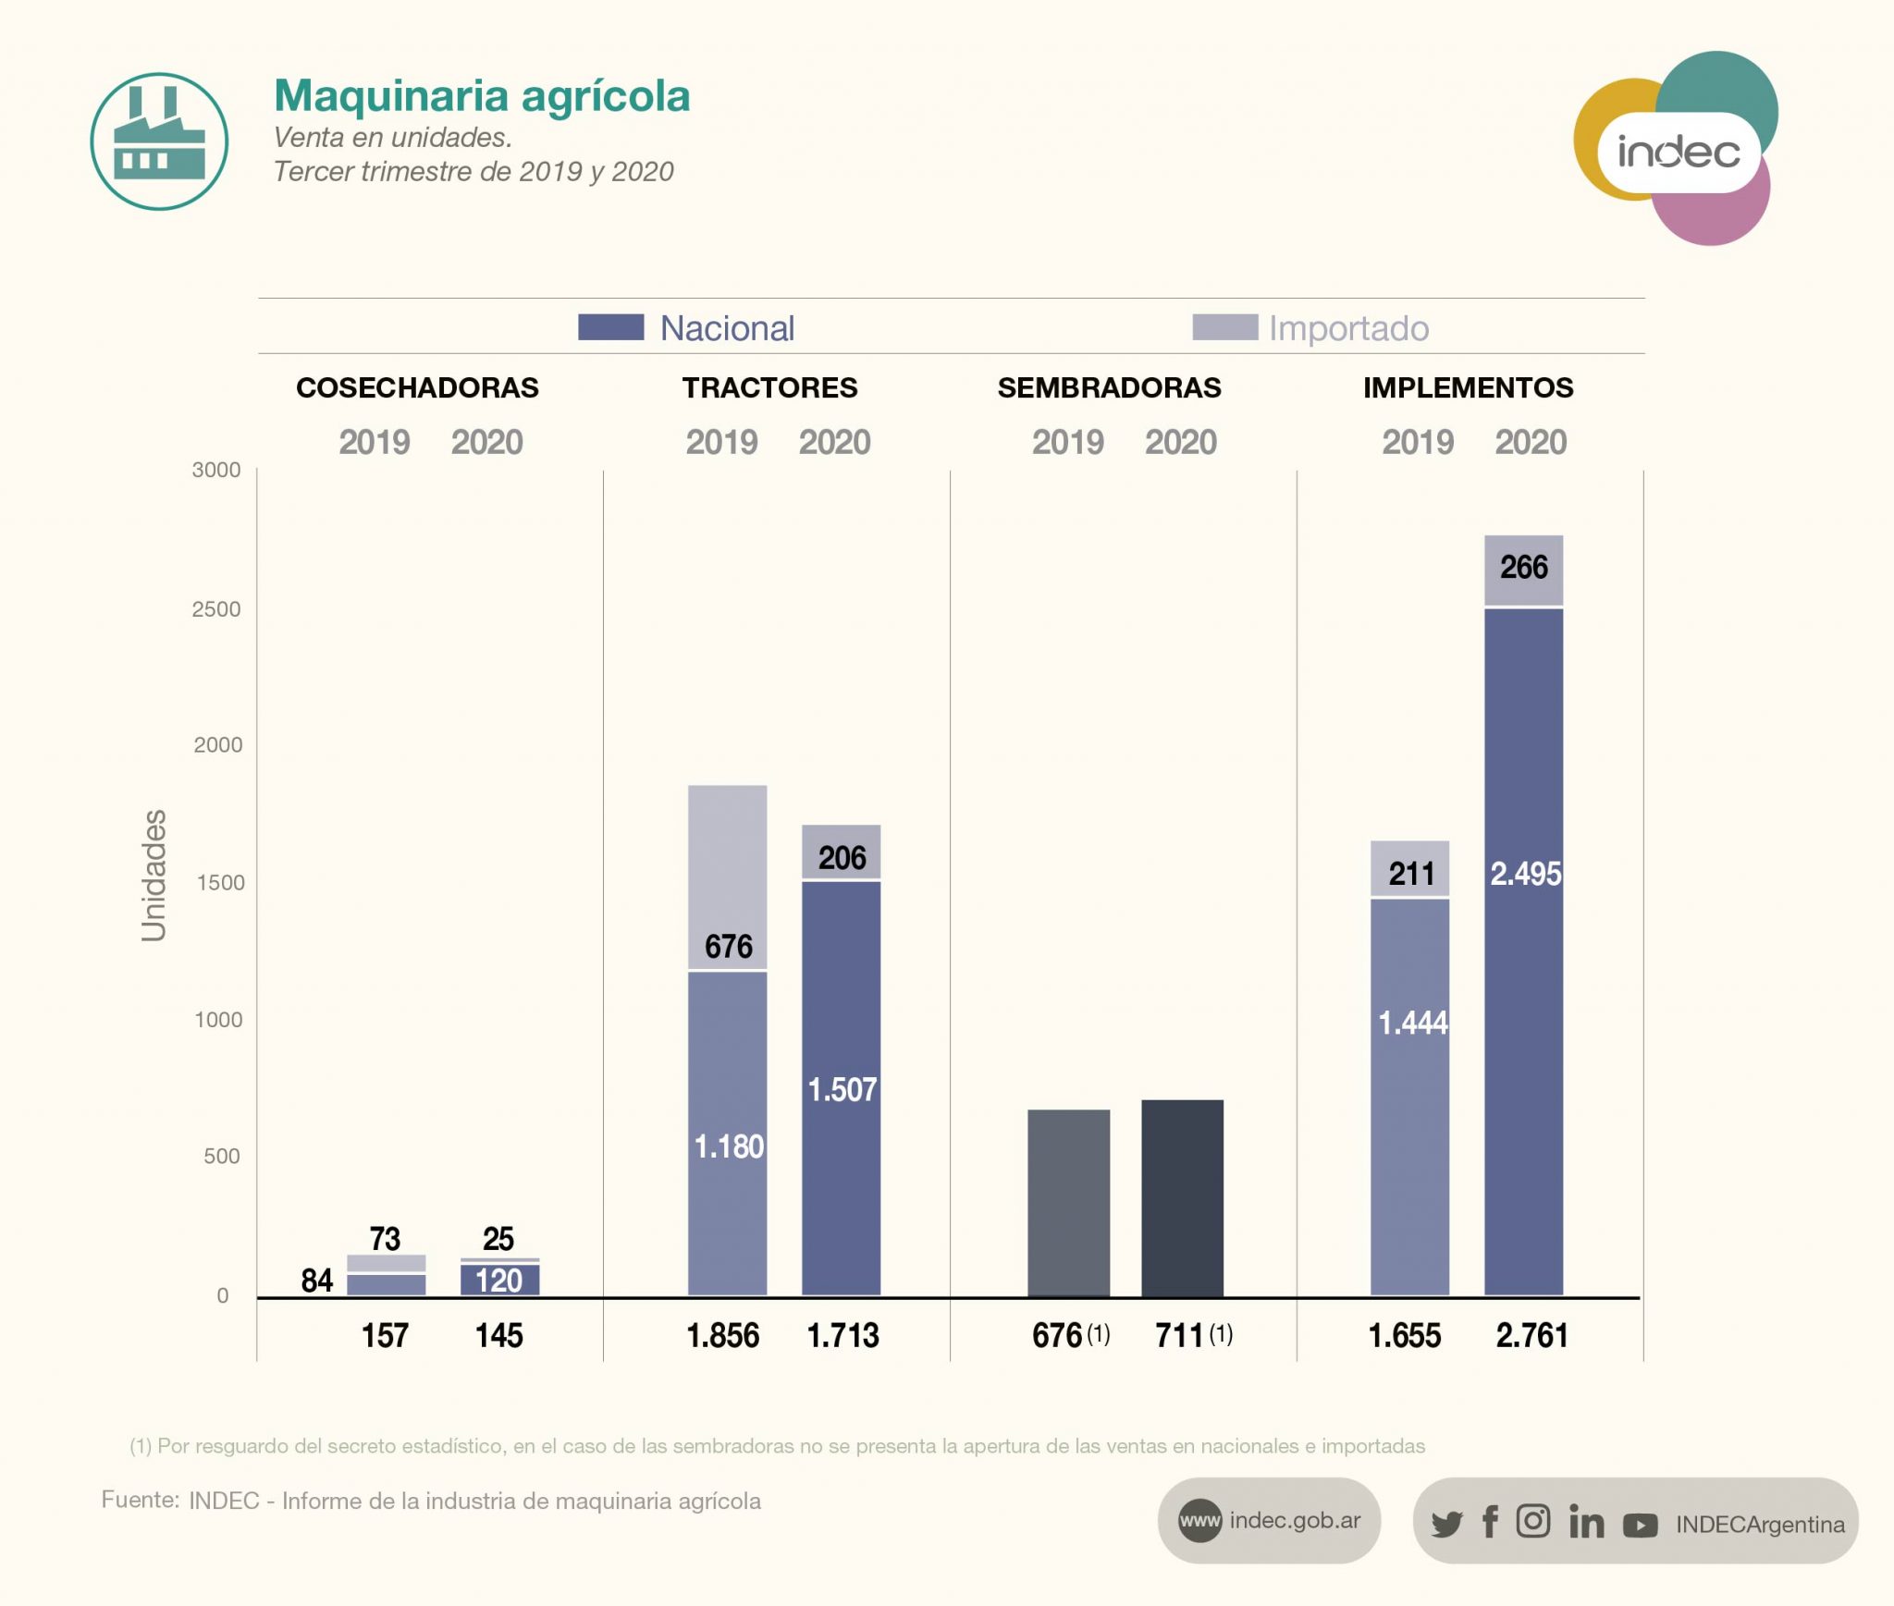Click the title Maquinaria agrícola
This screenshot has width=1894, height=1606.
482,96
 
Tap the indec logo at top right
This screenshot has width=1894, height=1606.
1677,151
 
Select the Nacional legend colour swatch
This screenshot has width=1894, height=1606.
610,327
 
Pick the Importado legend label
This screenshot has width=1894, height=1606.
1348,328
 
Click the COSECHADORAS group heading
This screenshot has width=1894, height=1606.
417,387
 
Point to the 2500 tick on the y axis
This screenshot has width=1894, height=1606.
216,609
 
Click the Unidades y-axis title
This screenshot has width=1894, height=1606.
154,875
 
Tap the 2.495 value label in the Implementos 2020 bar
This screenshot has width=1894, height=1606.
1525,874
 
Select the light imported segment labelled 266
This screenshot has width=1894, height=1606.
1524,570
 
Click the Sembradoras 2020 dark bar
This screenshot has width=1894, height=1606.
1182,1197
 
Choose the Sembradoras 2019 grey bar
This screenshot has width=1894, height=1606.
1068,1202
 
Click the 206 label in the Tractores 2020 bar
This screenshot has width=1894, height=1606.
842,858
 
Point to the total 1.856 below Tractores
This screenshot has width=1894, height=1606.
722,1336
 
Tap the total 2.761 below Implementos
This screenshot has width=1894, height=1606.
1531,1336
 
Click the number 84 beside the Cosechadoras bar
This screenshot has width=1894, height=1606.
317,1281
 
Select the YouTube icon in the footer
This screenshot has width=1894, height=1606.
1640,1525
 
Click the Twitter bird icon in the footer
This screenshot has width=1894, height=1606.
1446,1524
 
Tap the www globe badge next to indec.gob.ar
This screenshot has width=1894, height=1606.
1199,1521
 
